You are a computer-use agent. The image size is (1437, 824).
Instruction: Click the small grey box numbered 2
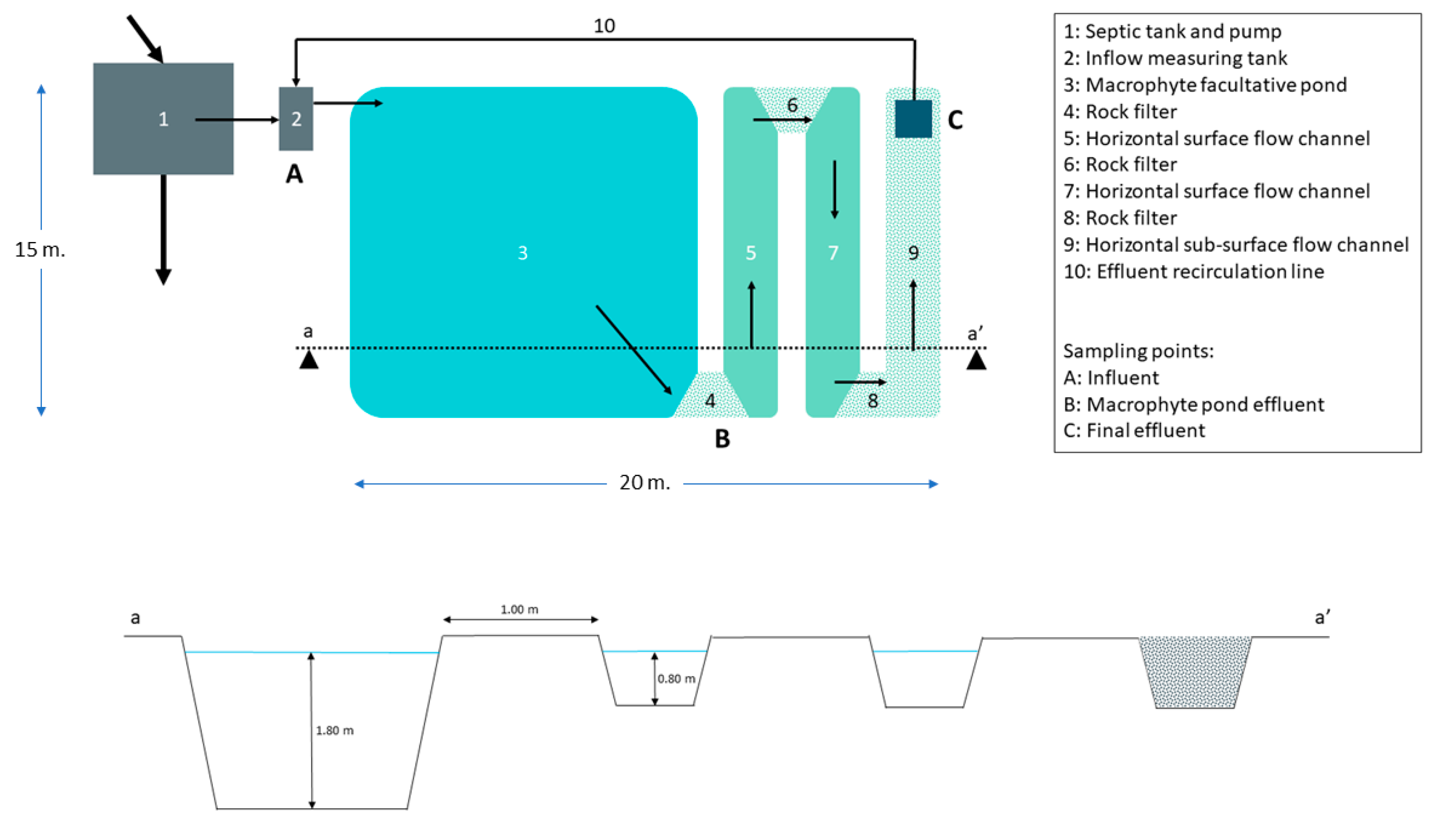(x=295, y=119)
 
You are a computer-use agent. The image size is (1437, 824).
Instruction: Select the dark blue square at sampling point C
(x=913, y=119)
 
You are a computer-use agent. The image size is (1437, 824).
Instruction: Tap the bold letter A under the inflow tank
(x=294, y=174)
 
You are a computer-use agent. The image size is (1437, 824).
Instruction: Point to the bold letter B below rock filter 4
(x=722, y=439)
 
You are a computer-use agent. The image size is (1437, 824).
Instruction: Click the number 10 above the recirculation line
(x=604, y=26)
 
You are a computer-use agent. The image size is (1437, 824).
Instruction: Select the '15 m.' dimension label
(x=40, y=249)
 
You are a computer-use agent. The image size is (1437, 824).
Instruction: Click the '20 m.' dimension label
(x=645, y=482)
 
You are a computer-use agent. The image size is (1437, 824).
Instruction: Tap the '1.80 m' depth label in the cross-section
(x=334, y=731)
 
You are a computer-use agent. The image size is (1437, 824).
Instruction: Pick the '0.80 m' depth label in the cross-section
(x=676, y=678)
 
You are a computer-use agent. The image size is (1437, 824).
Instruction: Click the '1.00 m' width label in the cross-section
(x=519, y=609)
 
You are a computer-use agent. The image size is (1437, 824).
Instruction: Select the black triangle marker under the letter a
(x=308, y=360)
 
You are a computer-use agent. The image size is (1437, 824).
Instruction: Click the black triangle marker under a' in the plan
(x=976, y=360)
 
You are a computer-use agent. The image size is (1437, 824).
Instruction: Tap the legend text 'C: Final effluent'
(x=1134, y=431)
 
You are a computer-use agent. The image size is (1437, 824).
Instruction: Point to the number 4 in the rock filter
(x=710, y=401)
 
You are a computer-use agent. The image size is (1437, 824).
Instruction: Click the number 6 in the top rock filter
(x=792, y=105)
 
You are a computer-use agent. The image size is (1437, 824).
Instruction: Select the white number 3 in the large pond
(x=522, y=253)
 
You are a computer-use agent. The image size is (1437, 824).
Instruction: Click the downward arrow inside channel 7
(x=834, y=190)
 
